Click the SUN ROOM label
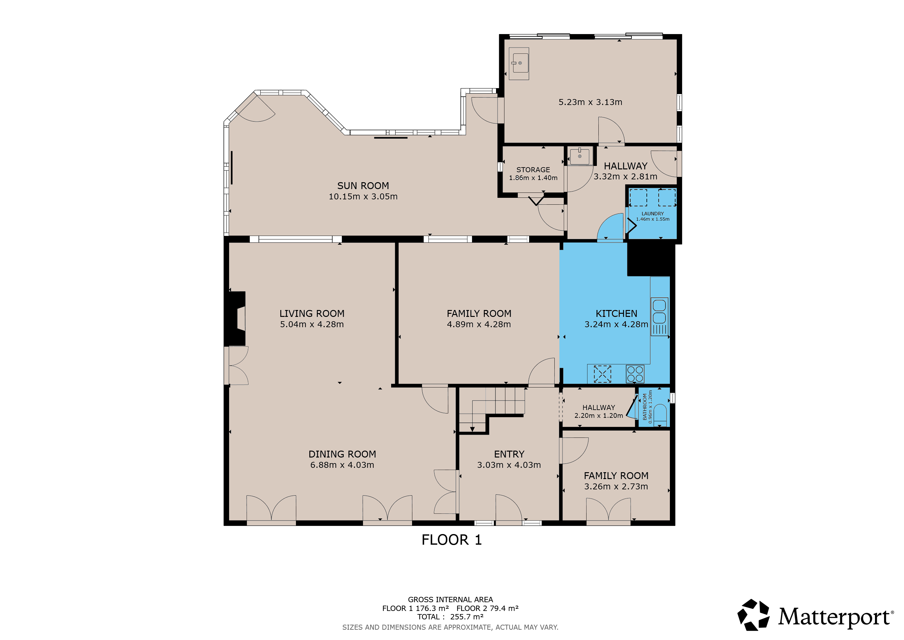click(363, 186)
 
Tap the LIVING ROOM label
click(312, 314)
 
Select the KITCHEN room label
click(616, 314)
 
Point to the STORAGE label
click(533, 170)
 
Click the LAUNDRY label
click(652, 214)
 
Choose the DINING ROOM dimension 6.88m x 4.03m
click(342, 465)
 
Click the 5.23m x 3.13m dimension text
click(590, 102)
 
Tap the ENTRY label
click(509, 454)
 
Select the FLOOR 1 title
click(452, 540)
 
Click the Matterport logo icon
click(753, 615)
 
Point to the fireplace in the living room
click(235, 318)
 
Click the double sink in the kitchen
click(660, 317)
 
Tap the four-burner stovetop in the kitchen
click(635, 374)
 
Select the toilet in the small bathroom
click(660, 415)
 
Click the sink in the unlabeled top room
click(519, 63)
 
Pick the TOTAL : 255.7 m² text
click(450, 617)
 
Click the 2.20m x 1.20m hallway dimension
click(598, 416)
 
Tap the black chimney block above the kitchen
click(651, 260)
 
